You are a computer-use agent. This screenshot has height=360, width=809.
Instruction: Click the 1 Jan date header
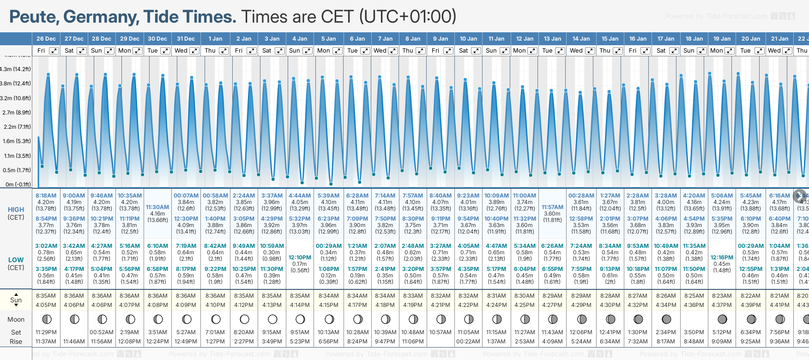click(x=215, y=39)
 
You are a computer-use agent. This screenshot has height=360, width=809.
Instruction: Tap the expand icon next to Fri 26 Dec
click(x=54, y=51)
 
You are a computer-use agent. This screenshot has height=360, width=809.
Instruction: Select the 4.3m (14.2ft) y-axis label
click(x=16, y=69)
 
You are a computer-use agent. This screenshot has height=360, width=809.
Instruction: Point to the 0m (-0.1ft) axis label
click(x=18, y=185)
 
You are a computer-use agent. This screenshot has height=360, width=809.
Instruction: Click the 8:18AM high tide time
click(x=46, y=196)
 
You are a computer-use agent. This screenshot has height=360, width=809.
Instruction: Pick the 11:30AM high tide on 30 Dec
click(x=157, y=207)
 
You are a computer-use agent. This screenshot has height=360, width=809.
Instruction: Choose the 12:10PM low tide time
click(x=300, y=258)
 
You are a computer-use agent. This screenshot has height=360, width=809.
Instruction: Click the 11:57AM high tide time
click(x=552, y=207)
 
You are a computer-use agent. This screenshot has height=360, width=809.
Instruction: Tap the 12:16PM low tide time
click(x=722, y=258)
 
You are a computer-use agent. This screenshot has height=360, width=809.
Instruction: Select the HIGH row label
click(x=16, y=210)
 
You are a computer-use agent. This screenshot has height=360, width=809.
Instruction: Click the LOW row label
click(x=16, y=260)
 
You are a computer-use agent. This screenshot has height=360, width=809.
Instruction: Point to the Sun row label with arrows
click(x=16, y=300)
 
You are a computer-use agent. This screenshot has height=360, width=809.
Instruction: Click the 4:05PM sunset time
click(x=46, y=305)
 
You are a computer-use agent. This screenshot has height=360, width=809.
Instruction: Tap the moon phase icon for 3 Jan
click(x=272, y=319)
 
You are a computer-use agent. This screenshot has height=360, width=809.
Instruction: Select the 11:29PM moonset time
click(x=46, y=332)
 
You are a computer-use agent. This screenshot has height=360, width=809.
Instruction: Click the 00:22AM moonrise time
click(x=468, y=342)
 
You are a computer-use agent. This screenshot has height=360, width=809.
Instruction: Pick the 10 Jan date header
click(x=468, y=39)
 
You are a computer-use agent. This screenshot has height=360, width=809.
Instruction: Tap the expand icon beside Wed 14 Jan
click(x=590, y=51)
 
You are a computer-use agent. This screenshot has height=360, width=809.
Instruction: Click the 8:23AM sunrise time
click(x=722, y=296)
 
